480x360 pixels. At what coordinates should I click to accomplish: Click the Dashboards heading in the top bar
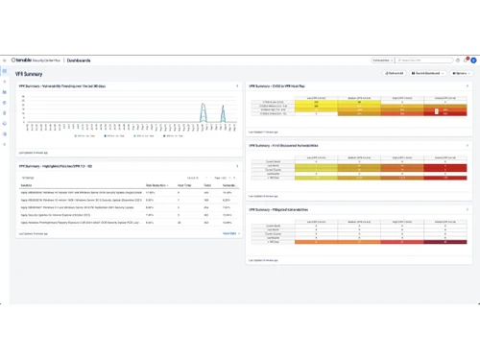81,60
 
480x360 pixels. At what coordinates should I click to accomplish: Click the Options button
461,73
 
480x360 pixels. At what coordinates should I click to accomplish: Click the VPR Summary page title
29,73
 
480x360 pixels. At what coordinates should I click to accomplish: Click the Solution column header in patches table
25,184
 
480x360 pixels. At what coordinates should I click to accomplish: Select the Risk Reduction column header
156,184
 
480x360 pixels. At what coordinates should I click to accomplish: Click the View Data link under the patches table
229,232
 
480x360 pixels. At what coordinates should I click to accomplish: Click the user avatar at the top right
469,60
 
